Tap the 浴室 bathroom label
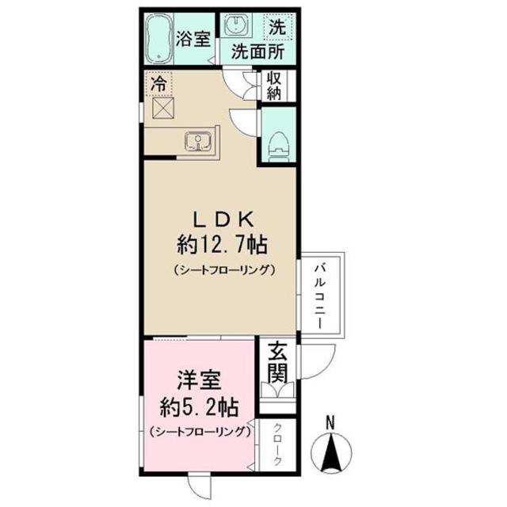(193, 37)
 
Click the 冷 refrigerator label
(158, 81)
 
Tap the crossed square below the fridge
(164, 109)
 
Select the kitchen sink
(196, 143)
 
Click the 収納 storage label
(274, 86)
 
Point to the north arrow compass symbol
(333, 454)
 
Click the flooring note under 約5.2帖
(199, 432)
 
